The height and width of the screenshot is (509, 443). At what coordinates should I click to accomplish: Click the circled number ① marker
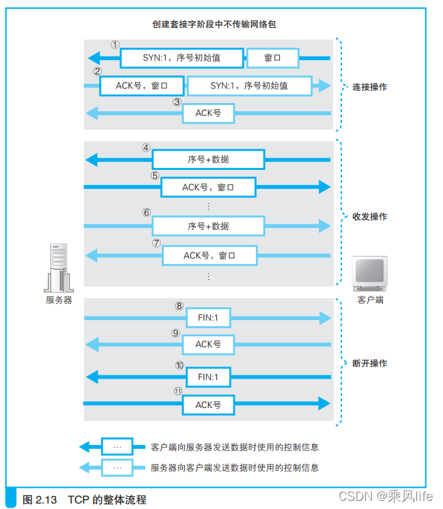point(115,44)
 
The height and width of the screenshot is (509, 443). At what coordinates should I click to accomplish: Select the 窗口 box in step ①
point(272,58)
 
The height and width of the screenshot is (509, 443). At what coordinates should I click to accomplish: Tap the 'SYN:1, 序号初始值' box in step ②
point(249,86)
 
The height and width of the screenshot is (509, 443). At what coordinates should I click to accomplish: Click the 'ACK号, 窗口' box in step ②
point(141,86)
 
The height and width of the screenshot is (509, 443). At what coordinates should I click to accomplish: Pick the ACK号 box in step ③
point(208,113)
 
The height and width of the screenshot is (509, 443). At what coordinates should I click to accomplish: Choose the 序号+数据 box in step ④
point(208,160)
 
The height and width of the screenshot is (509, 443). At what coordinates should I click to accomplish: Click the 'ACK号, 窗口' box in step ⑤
point(208,187)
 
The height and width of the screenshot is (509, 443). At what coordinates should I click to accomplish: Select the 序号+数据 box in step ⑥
point(208,226)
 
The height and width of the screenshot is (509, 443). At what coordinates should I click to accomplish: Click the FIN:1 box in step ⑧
point(208,317)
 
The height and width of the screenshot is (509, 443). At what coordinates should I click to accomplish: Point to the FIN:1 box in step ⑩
point(208,377)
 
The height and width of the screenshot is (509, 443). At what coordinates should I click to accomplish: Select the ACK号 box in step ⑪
point(208,405)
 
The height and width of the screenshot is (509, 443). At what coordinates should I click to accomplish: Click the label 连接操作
point(370,87)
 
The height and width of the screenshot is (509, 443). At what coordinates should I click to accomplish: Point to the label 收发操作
point(370,216)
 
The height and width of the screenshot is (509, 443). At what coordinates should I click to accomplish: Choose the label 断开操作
point(370,363)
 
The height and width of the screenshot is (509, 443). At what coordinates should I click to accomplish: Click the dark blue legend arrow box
point(117,448)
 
